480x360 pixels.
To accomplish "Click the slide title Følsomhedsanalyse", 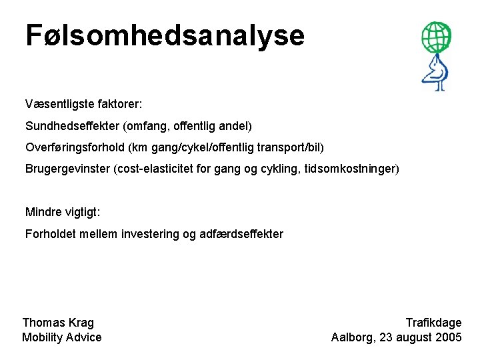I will pyautogui.click(x=165, y=36).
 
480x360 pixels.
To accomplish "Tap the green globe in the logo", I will pyautogui.click(x=435, y=37).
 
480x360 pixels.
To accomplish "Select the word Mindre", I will pyautogui.click(x=42, y=212).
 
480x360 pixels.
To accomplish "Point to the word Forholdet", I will pyautogui.click(x=51, y=233).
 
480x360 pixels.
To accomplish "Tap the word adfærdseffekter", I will pyautogui.click(x=241, y=233).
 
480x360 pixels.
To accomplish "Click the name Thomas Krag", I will pyautogui.click(x=58, y=323).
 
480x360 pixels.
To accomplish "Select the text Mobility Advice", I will pyautogui.click(x=62, y=337).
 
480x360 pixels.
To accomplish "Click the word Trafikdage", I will pyautogui.click(x=433, y=323).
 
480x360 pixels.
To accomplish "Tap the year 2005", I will pyautogui.click(x=448, y=337).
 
